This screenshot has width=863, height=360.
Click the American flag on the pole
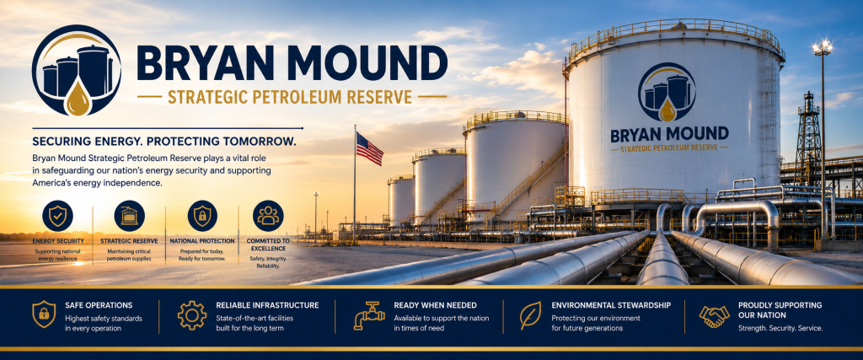[369, 148]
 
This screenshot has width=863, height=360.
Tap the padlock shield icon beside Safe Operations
[44, 314]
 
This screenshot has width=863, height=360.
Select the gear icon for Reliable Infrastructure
[192, 314]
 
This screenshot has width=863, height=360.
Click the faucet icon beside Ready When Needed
[368, 315]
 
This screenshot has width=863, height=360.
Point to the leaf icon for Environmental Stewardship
[530, 315]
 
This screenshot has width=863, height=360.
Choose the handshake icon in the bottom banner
[714, 315]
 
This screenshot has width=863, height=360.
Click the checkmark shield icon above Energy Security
[57, 215]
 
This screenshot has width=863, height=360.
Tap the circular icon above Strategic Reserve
[129, 215]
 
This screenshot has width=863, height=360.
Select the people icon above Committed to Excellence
[268, 215]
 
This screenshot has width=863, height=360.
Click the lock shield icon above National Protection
[202, 215]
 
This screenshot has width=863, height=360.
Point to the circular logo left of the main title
[77, 70]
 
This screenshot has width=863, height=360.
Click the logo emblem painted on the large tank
[667, 92]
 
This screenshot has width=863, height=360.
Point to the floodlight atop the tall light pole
[823, 48]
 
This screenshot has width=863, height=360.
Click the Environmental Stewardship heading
[611, 305]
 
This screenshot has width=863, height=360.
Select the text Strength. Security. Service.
[780, 328]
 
